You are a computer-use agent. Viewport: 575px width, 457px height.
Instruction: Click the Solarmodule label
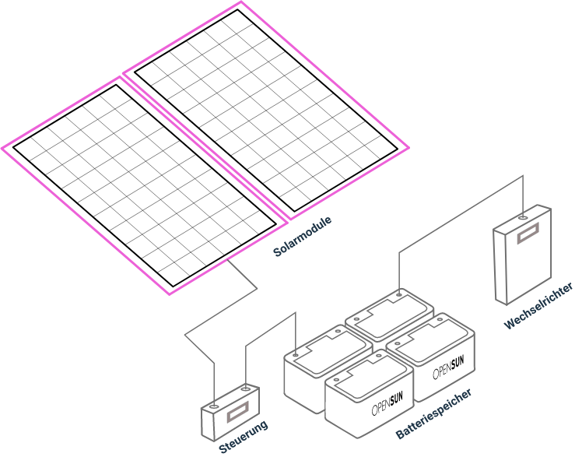pyautogui.click(x=303, y=237)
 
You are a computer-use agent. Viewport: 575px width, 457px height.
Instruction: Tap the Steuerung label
pyautogui.click(x=244, y=437)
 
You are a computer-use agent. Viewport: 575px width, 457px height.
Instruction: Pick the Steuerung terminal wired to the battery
pyautogui.click(x=245, y=387)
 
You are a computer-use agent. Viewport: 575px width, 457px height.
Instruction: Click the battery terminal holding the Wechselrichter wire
pyautogui.click(x=399, y=296)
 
